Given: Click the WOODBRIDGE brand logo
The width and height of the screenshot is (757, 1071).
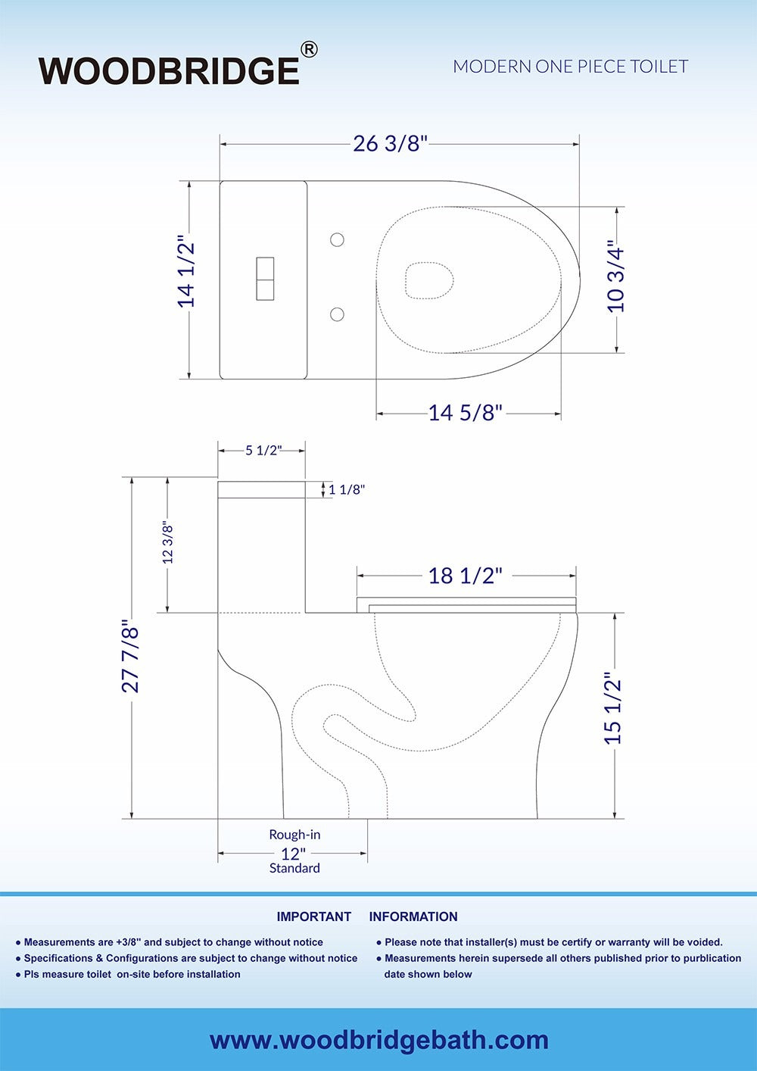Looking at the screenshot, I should [x=170, y=70].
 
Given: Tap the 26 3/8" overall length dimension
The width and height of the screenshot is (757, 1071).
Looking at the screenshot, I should [x=390, y=143].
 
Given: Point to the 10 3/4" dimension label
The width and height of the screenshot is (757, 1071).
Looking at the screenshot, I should [x=616, y=279].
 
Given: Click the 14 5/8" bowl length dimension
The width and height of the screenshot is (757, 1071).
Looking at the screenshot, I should [x=465, y=413].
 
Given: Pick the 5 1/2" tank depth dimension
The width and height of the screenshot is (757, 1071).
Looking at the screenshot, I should [x=263, y=451].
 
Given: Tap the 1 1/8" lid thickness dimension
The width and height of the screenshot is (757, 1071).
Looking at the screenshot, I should [x=347, y=490].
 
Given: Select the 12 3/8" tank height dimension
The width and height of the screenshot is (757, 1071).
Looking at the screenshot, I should [x=168, y=543].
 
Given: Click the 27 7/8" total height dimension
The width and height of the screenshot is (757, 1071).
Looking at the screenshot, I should [x=131, y=658].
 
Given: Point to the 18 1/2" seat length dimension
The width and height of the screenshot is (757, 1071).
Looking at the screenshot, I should [x=465, y=576].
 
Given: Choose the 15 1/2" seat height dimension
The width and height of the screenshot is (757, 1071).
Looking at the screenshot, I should [x=613, y=708].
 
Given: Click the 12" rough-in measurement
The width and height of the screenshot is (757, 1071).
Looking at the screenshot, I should [x=294, y=853].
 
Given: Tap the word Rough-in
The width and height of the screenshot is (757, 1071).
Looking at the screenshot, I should [x=294, y=835].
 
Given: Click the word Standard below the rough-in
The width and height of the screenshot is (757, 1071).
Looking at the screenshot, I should [x=294, y=868].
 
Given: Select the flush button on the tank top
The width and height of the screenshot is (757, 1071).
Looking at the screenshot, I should [x=265, y=279].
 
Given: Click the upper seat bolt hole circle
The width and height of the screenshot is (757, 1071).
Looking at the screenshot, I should [x=338, y=240].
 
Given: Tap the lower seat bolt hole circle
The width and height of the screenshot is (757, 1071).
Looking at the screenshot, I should [x=338, y=314].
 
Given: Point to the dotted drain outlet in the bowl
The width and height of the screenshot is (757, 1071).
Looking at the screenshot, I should [x=429, y=280].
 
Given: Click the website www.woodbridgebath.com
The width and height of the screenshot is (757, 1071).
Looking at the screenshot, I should [x=378, y=1040].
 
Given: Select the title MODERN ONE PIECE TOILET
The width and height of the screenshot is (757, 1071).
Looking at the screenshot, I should [x=570, y=67].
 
